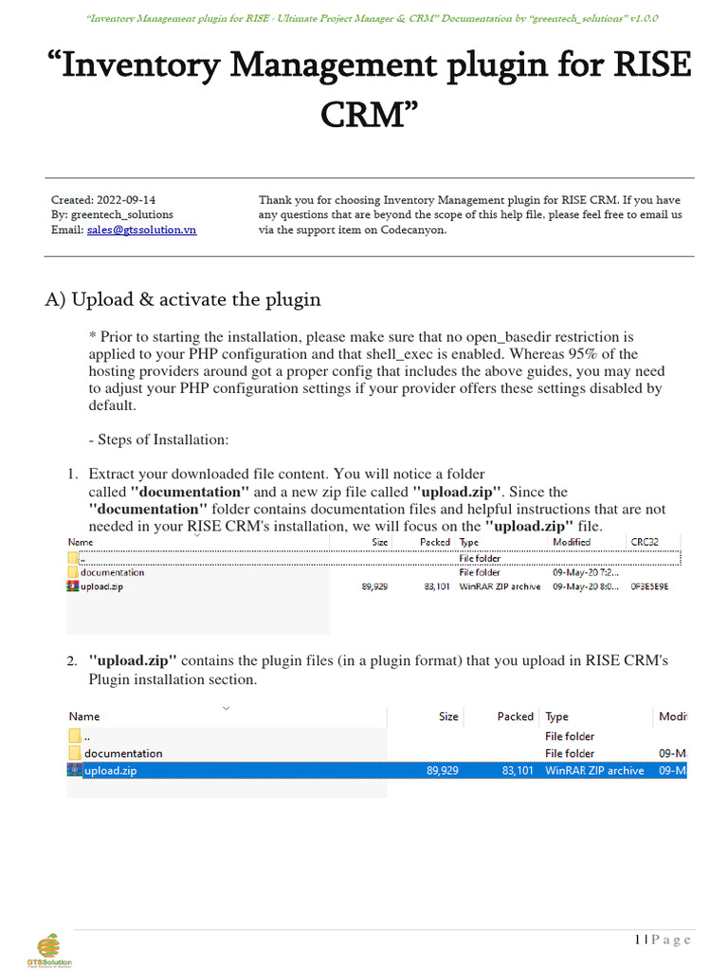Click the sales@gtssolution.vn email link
(141, 230)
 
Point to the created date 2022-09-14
(126, 200)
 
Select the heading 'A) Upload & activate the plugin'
(183, 299)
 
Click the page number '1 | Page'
(663, 939)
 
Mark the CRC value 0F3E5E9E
(649, 586)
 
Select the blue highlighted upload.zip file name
(110, 771)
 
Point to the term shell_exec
(447, 354)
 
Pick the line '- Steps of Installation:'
(157, 440)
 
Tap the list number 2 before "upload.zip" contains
(72, 660)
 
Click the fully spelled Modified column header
(572, 542)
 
